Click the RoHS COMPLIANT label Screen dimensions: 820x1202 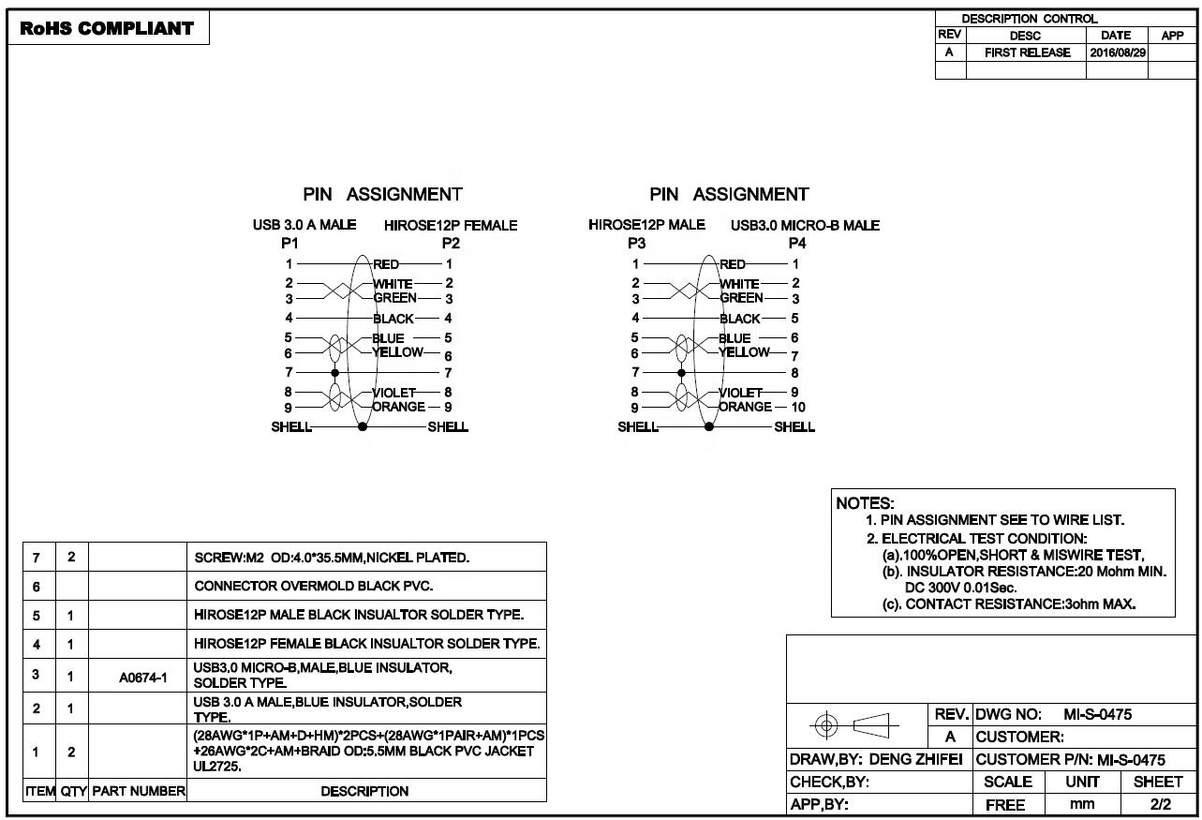pyautogui.click(x=107, y=28)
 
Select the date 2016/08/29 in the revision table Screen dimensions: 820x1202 pyautogui.click(x=1117, y=52)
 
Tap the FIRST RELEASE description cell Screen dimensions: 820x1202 pyautogui.click(x=1027, y=52)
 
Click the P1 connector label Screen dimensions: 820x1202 pyautogui.click(x=289, y=243)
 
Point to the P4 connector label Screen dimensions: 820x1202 pyautogui.click(x=797, y=243)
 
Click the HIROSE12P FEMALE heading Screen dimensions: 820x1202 pyautogui.click(x=451, y=225)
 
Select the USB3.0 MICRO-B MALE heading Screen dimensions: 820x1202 pyautogui.click(x=805, y=225)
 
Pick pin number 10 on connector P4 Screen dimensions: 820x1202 pyautogui.click(x=797, y=407)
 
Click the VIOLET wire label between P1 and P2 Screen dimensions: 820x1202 pyautogui.click(x=393, y=393)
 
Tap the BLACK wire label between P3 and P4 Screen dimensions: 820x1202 pyautogui.click(x=739, y=319)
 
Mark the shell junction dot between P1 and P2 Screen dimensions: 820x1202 pyautogui.click(x=363, y=427)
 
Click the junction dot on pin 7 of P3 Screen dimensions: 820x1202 pyautogui.click(x=681, y=373)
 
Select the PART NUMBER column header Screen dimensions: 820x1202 pyautogui.click(x=139, y=791)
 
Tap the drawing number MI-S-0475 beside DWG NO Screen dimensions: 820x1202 pyautogui.click(x=1098, y=714)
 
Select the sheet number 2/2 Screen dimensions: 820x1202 pyautogui.click(x=1159, y=804)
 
